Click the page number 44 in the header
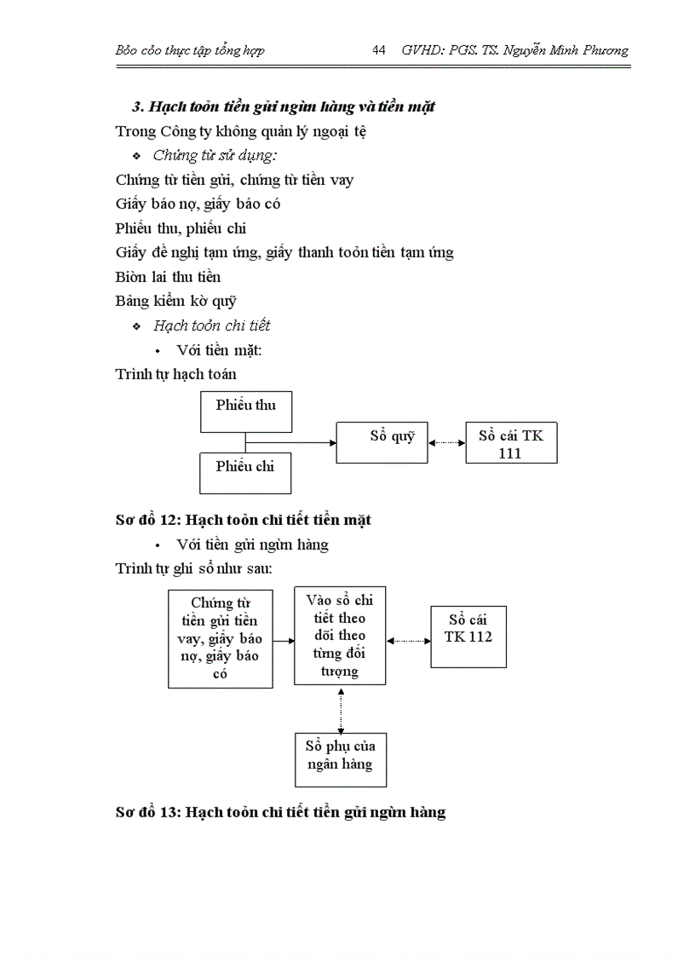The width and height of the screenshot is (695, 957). click(379, 50)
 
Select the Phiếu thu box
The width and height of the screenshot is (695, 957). click(245, 412)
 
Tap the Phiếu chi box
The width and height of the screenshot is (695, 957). click(245, 473)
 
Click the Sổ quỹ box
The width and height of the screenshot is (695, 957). click(382, 442)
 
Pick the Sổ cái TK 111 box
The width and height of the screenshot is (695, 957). click(511, 443)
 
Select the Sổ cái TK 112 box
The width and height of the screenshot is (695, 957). click(468, 637)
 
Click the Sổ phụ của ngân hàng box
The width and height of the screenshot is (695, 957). click(340, 759)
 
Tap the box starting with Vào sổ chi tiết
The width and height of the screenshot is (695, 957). click(340, 635)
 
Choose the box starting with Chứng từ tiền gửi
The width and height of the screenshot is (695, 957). click(221, 638)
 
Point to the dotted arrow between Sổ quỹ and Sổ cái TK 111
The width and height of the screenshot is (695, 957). click(446, 442)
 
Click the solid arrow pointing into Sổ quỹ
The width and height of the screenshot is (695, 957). click(290, 442)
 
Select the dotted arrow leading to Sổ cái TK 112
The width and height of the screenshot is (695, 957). click(409, 640)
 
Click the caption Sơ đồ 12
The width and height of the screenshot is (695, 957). click(243, 519)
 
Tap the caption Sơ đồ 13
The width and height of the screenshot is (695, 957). click(280, 812)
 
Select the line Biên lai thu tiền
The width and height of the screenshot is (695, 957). click(168, 277)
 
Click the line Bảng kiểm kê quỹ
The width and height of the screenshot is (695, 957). click(175, 301)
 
